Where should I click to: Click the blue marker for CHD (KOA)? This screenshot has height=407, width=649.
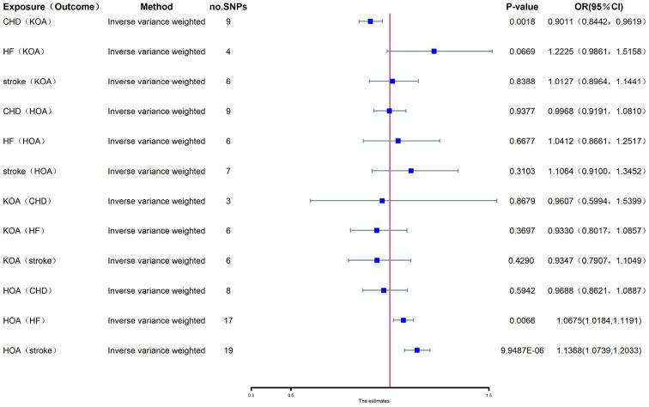click(x=370, y=21)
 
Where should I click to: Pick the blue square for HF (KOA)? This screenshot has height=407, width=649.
click(x=434, y=52)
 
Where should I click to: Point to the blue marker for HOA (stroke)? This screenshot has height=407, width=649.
click(x=417, y=350)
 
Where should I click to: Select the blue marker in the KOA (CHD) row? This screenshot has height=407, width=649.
click(x=382, y=201)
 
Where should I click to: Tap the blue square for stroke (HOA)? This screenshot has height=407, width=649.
click(x=411, y=171)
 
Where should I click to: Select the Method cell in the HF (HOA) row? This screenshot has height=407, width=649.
click(x=150, y=141)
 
